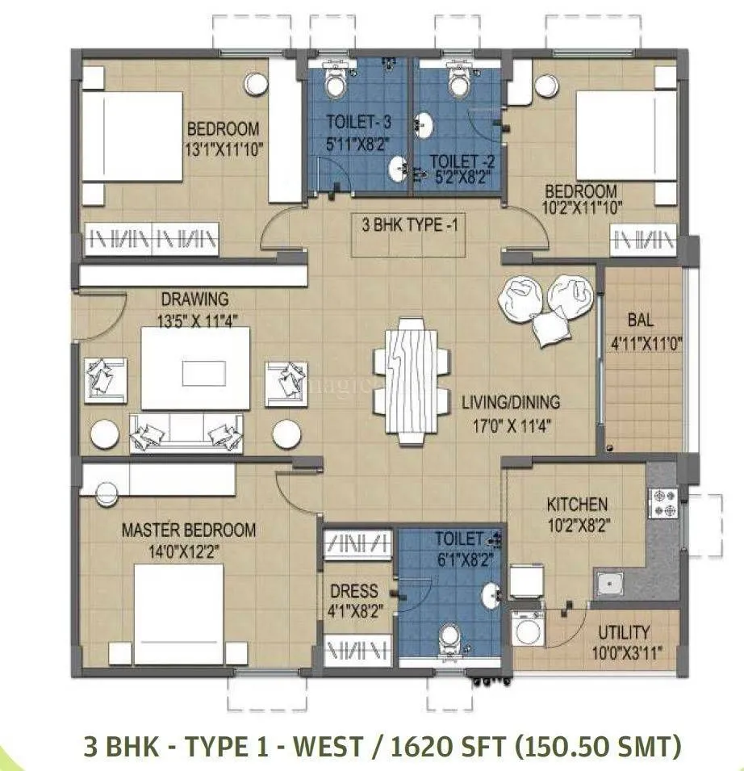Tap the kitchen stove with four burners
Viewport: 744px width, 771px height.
[665, 502]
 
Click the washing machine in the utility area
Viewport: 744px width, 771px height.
[528, 630]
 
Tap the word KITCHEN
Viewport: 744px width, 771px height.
[576, 505]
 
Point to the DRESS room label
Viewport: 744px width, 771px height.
[353, 591]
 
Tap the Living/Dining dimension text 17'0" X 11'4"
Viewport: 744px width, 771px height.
[511, 421]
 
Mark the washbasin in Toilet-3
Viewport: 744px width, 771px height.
[398, 169]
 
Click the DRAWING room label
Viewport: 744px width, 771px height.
[194, 300]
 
